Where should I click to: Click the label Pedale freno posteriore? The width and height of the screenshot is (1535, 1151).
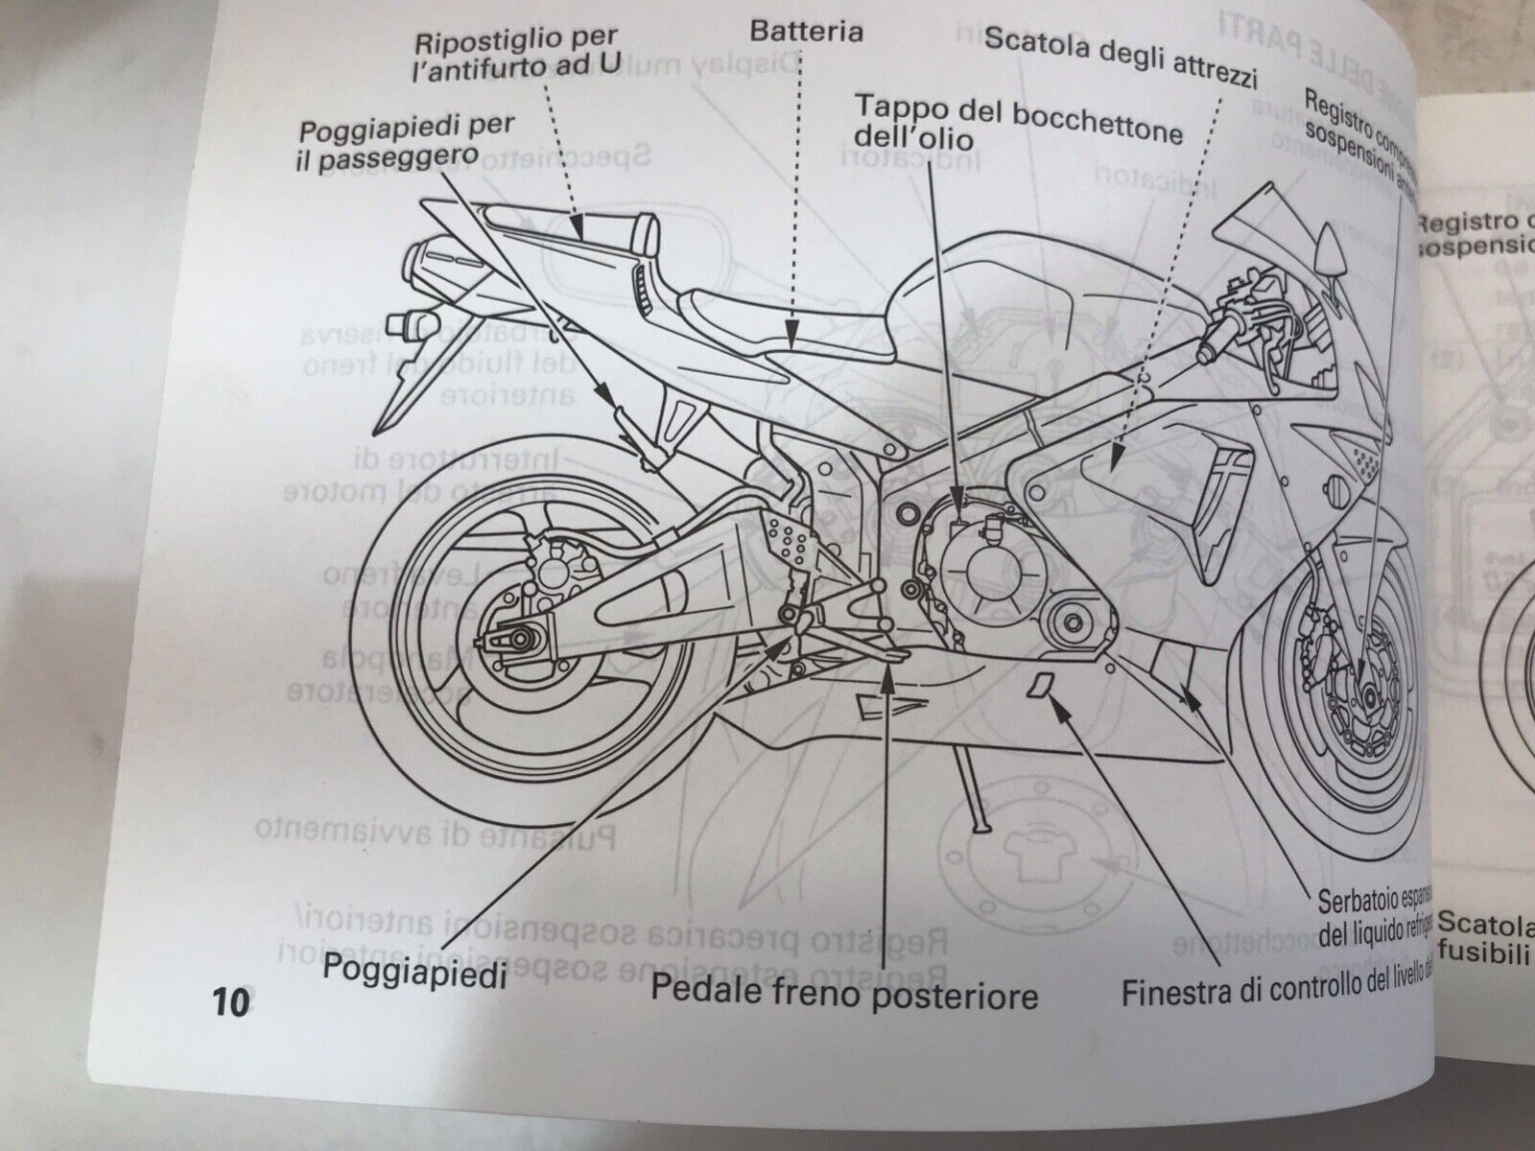844,993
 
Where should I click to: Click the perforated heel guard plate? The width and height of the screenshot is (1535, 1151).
787,542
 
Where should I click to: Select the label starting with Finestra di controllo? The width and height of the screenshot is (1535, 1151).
1276,988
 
